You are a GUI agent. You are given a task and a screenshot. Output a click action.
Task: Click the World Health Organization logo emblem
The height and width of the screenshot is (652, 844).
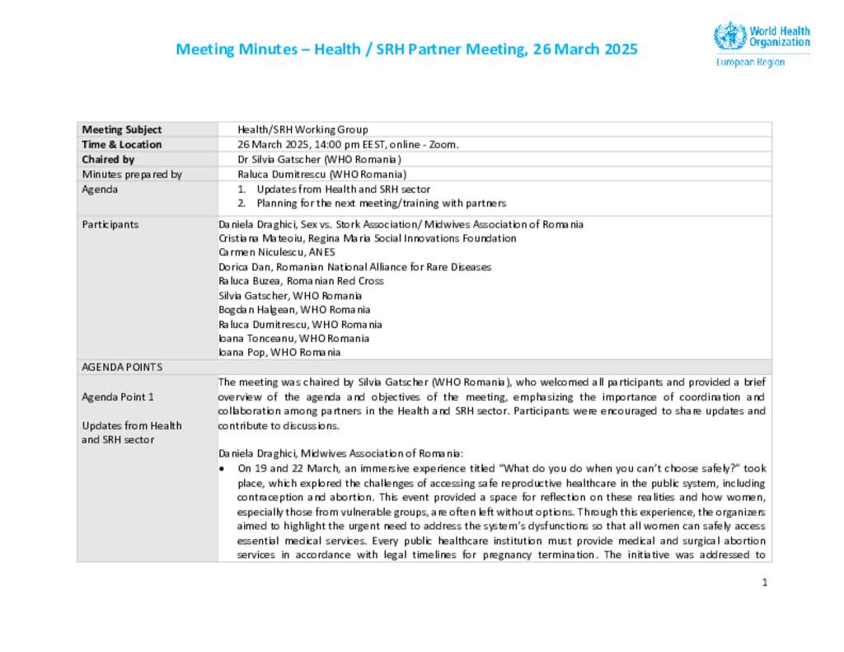729,36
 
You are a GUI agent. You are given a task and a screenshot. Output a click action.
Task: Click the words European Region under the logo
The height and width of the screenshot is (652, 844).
750,63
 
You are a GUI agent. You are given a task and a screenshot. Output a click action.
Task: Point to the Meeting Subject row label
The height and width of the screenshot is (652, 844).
122,129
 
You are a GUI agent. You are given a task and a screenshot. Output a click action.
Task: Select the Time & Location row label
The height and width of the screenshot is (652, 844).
122,144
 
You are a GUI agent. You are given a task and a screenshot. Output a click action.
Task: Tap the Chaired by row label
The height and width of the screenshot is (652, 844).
108,159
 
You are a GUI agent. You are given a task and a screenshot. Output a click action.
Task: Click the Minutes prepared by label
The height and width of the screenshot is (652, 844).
132,174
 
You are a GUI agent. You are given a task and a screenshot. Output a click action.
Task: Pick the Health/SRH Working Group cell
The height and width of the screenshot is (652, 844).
302,129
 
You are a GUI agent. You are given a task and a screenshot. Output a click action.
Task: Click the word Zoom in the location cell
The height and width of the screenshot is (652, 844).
442,144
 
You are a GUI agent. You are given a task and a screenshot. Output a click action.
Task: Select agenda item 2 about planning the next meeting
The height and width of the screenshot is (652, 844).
381,203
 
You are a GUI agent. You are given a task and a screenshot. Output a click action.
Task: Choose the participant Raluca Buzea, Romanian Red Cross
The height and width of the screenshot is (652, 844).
301,281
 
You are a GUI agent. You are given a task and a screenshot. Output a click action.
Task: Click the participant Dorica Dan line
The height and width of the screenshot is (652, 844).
354,267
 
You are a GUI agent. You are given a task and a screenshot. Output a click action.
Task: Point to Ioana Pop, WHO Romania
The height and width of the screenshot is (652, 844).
279,352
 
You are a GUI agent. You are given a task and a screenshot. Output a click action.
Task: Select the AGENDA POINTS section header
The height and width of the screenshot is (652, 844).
122,367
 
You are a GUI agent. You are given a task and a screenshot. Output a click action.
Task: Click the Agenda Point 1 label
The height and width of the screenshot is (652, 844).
118,396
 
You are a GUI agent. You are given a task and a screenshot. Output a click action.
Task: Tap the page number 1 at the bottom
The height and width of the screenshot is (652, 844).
765,583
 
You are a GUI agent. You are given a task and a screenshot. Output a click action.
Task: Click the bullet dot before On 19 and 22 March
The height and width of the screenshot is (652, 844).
223,469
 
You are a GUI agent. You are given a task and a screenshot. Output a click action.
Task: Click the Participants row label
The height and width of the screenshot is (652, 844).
110,224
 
